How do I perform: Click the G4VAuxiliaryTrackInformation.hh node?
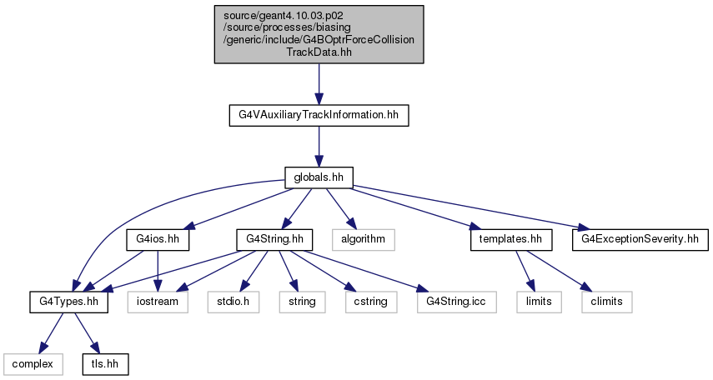point(319,116)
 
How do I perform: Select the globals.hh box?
point(319,177)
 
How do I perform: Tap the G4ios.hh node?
point(158,239)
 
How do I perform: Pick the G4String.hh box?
point(274,239)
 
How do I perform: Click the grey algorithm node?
point(364,239)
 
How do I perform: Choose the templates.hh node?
point(511,239)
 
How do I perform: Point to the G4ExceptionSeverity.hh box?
point(640,239)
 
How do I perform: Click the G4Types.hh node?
point(69,302)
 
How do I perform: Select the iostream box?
point(158,302)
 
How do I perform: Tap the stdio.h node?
point(233,302)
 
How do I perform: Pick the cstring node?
point(371,302)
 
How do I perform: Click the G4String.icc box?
point(456,302)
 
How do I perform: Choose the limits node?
point(539,302)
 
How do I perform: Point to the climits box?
point(606,302)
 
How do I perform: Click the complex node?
point(33,364)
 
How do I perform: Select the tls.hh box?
point(106,364)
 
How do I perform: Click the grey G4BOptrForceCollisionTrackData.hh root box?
point(319,34)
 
